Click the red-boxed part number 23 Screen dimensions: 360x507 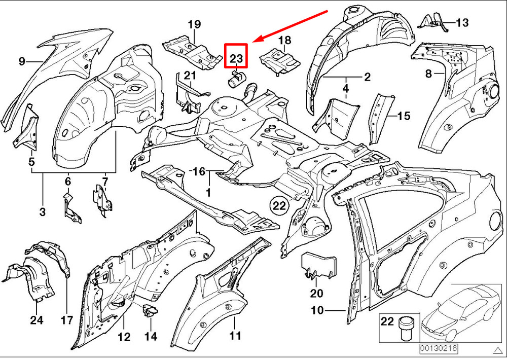coord(236,57)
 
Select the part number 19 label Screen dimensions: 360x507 coord(194,24)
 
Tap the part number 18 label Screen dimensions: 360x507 coord(284,40)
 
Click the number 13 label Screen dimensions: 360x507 coord(462,22)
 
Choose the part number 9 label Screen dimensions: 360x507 coord(22,61)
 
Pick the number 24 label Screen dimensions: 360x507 coord(37,320)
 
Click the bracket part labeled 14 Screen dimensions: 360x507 coord(150,310)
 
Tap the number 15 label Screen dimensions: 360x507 coord(403,116)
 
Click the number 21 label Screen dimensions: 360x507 coord(190,76)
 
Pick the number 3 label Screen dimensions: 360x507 coord(42,211)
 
